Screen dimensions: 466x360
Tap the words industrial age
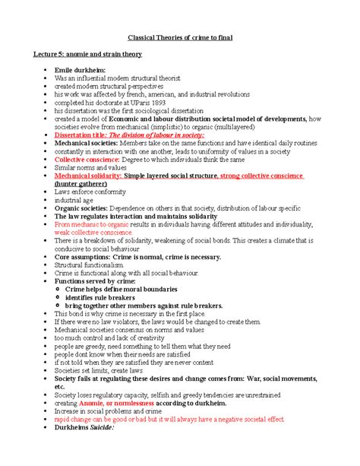[74, 199]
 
